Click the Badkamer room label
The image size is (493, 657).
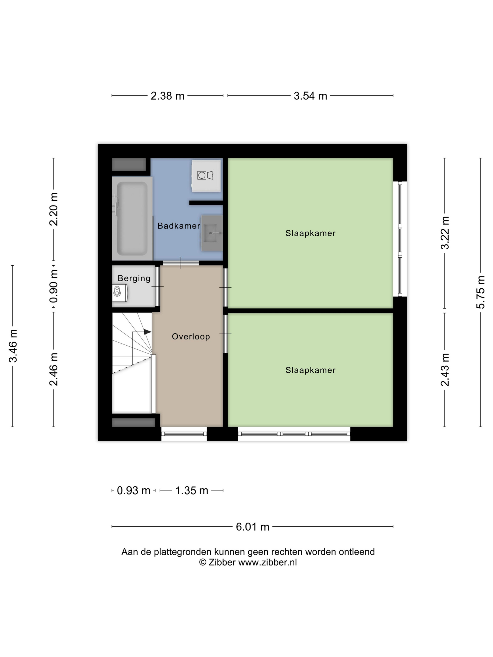(179, 226)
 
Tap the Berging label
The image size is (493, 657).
(134, 278)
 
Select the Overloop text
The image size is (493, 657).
(191, 336)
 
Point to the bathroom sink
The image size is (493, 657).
(212, 233)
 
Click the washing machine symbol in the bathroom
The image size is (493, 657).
(206, 176)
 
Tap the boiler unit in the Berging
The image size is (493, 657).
(120, 293)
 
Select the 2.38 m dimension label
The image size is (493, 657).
(167, 96)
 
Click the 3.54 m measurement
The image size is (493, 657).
(310, 96)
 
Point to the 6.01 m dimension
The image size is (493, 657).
(252, 527)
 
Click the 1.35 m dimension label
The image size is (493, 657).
(192, 490)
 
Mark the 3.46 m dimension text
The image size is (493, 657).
(13, 346)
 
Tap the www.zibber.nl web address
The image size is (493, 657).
(267, 562)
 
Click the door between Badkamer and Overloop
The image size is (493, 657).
(181, 263)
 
